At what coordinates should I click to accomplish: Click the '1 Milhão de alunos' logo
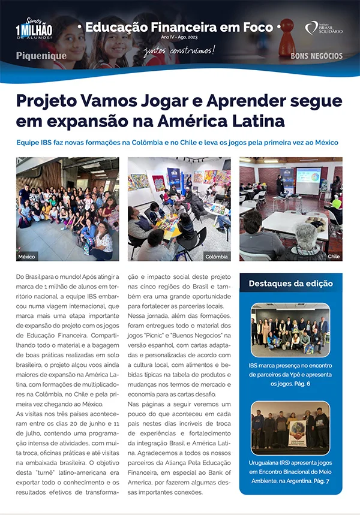tap(35, 25)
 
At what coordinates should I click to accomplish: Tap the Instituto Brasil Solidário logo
tap(324, 28)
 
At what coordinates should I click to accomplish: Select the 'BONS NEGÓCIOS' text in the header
tap(316, 56)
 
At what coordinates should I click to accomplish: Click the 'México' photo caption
tap(27, 256)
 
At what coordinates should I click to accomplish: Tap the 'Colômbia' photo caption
tap(217, 256)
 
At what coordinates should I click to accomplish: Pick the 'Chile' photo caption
tap(334, 256)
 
